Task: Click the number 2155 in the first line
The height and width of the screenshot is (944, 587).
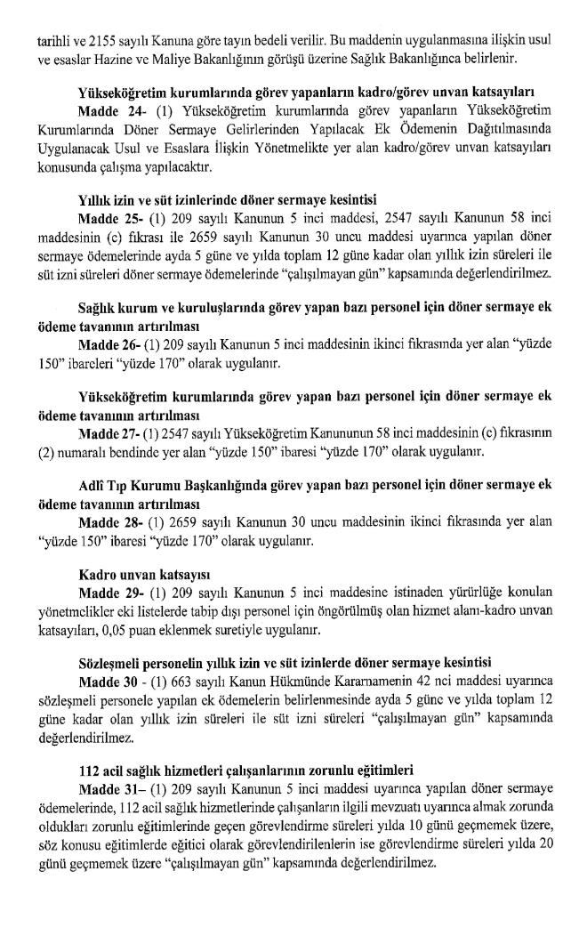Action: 103,41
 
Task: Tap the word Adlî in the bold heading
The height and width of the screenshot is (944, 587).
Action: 91,485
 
